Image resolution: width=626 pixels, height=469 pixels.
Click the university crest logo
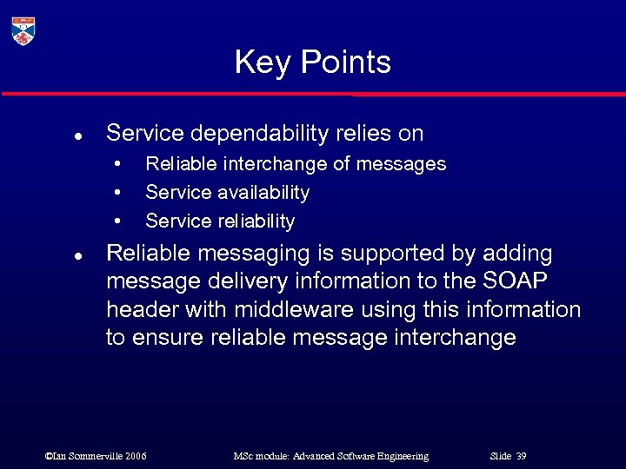pos(23,30)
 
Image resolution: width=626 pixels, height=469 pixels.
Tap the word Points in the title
pos(345,63)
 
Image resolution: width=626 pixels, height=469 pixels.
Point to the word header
pos(138,310)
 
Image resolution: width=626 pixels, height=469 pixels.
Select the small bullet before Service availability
pos(117,193)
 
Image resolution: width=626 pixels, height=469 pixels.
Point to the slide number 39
pos(521,456)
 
